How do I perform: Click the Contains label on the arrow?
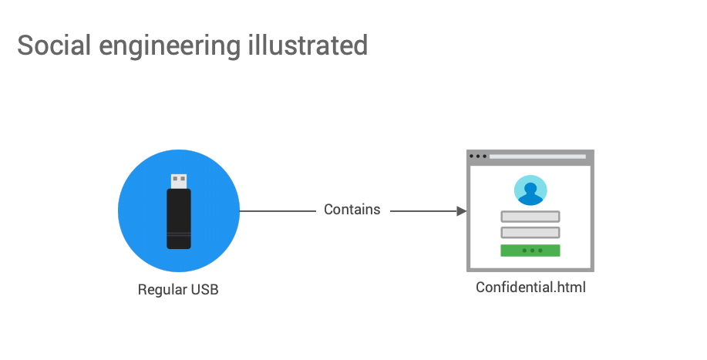[352, 210]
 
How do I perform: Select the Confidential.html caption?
[530, 288]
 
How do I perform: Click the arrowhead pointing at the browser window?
[462, 210]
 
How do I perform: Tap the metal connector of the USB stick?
[179, 181]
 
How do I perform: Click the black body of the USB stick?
[179, 219]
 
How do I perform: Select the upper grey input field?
[530, 217]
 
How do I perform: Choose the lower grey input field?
[530, 233]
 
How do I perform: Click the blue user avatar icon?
[530, 190]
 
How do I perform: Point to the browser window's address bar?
[537, 156]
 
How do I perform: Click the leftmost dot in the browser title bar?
[472, 156]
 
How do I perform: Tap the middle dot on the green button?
[530, 251]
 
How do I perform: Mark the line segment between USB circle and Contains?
[277, 210]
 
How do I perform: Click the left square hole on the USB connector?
[176, 179]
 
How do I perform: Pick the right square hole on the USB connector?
[183, 179]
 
